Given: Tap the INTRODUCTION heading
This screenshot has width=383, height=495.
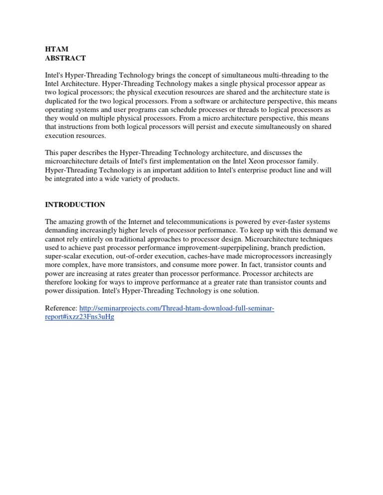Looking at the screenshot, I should tap(75, 205).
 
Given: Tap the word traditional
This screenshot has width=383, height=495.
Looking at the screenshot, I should tap(127, 239).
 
